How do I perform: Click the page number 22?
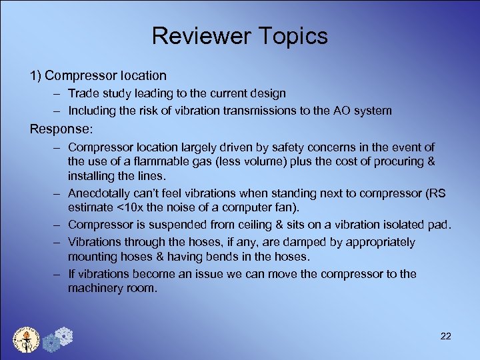(x=446, y=336)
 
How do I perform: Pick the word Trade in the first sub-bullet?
(x=83, y=93)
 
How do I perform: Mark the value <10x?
(x=131, y=207)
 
